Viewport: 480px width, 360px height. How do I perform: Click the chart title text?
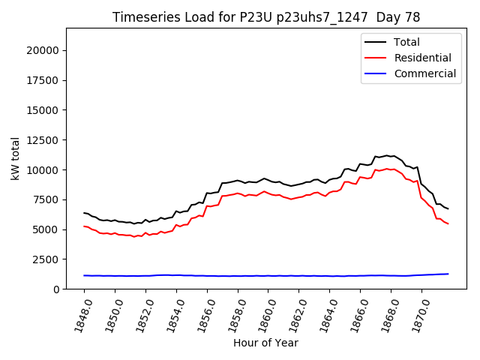coord(266,17)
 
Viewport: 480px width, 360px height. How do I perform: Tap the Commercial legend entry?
coord(424,73)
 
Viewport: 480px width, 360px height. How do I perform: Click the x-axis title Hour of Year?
coord(265,343)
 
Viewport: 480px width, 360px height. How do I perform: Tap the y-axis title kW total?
coord(15,159)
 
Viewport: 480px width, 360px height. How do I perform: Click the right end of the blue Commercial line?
coord(448,274)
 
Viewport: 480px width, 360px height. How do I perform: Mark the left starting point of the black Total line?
coord(84,212)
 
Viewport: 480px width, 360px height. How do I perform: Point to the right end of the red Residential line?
coord(448,223)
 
